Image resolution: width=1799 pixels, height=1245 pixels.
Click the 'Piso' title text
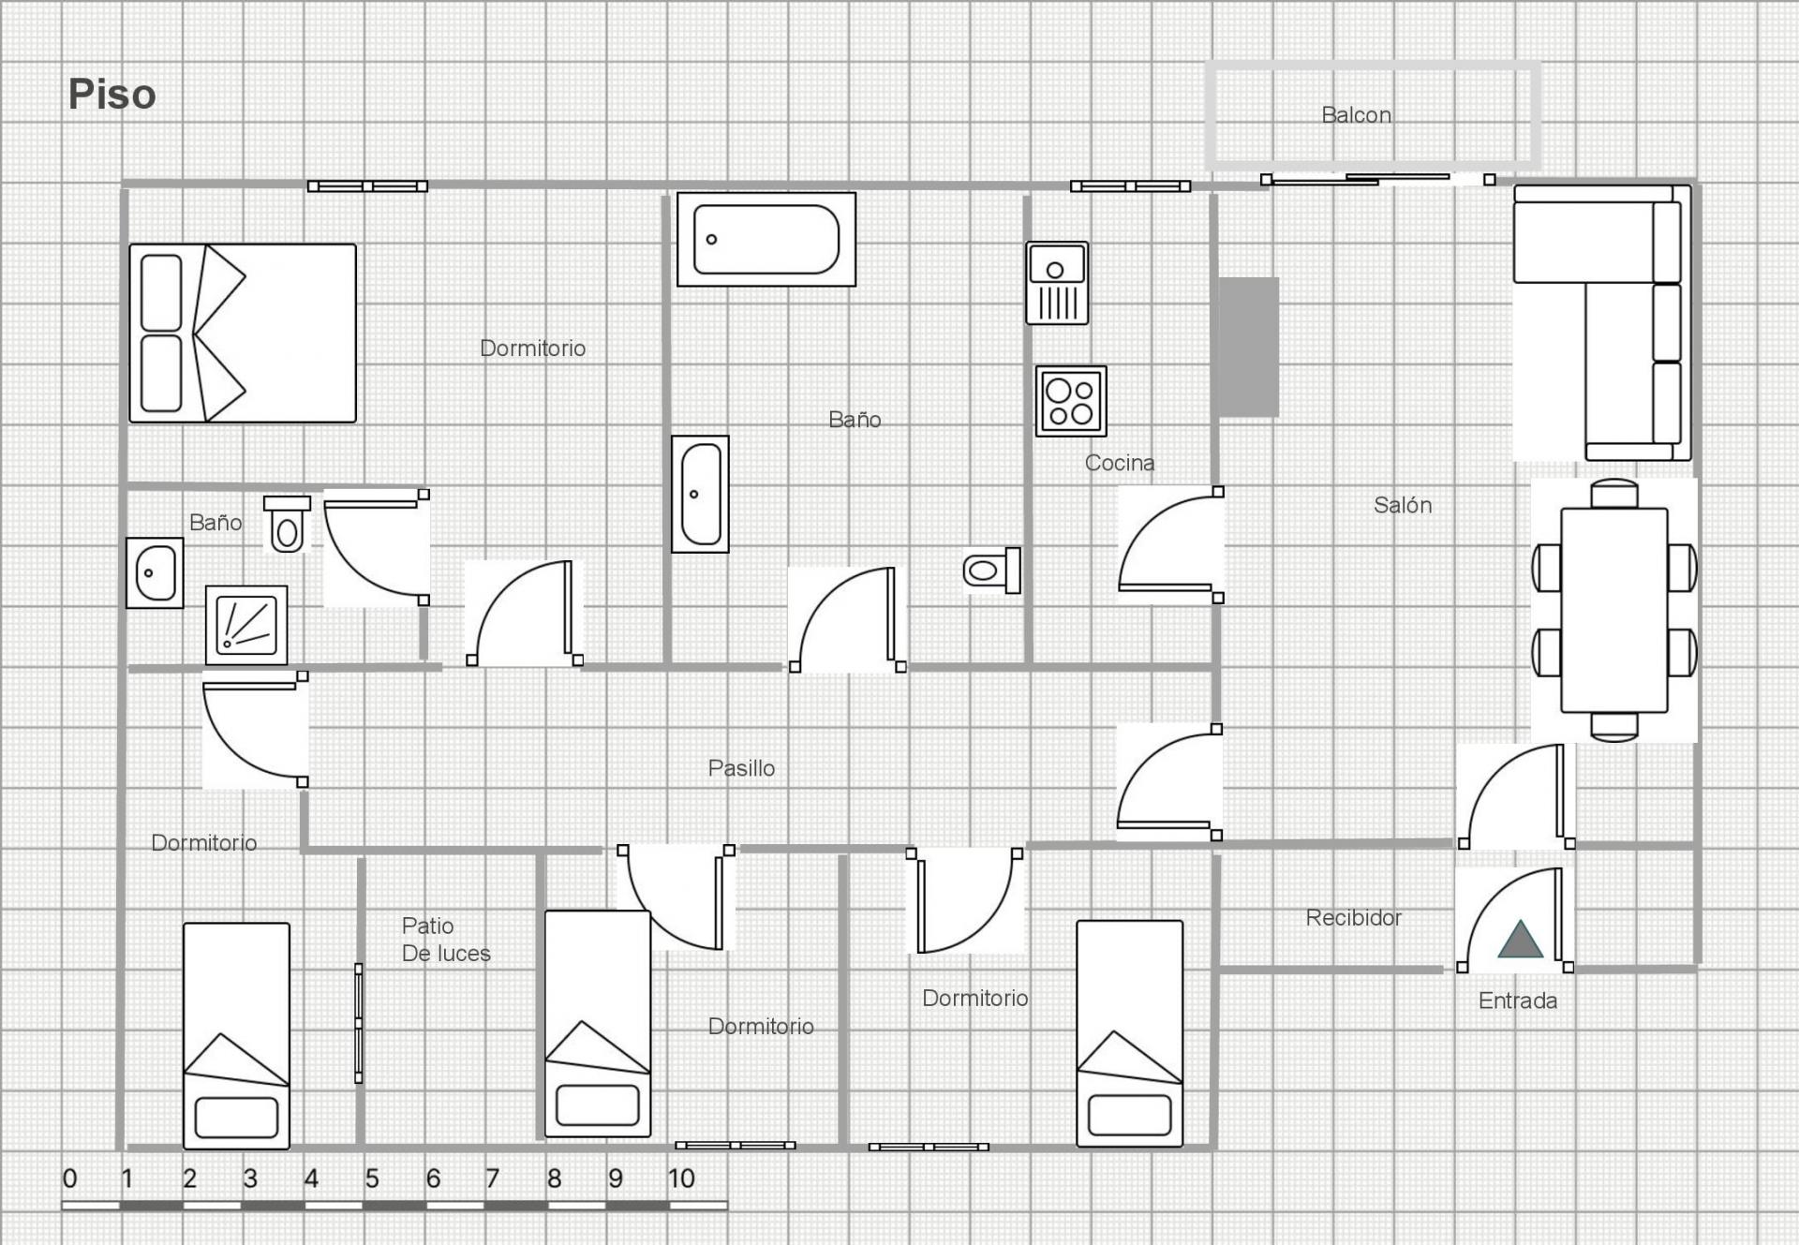tap(112, 95)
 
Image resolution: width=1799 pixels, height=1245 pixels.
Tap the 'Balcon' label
tap(1356, 115)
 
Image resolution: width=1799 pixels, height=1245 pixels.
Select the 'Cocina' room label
tap(1120, 463)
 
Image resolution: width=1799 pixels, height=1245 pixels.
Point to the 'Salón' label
tap(1403, 505)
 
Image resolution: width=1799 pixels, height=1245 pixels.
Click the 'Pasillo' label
tap(741, 768)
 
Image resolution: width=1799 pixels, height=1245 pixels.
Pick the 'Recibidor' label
tap(1354, 917)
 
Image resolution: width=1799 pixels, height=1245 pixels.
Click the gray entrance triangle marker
tap(1520, 940)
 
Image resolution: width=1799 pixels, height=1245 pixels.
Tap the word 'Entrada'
tap(1518, 1000)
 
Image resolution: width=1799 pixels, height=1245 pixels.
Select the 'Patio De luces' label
tap(446, 940)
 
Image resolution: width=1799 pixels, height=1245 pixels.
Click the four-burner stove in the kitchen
tap(1071, 401)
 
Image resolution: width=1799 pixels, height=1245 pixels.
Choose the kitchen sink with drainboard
tap(1057, 283)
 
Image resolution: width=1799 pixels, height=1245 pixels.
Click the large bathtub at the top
tap(766, 240)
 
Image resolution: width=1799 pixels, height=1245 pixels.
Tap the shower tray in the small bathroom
tap(246, 625)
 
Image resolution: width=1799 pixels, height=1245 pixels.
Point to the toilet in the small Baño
tap(288, 525)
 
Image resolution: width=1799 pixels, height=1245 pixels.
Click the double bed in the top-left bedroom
tap(243, 333)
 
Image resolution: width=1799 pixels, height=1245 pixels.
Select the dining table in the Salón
tap(1613, 610)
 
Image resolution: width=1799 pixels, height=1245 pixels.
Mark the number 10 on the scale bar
tap(681, 1178)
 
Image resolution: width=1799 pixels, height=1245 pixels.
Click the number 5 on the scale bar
tap(372, 1178)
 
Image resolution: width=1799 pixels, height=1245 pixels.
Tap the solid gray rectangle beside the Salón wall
tap(1248, 347)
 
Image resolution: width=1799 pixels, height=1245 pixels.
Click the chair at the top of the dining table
tap(1614, 493)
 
